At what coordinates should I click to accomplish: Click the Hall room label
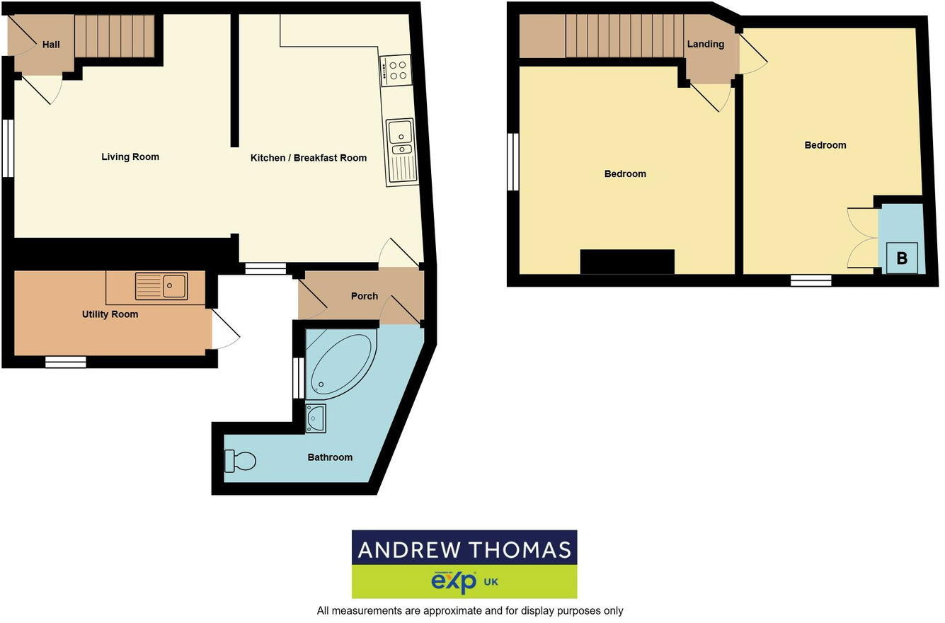click(51, 45)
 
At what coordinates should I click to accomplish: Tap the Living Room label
click(130, 157)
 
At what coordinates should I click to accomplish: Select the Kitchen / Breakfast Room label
click(309, 158)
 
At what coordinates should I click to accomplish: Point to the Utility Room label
click(110, 314)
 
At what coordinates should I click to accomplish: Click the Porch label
click(365, 296)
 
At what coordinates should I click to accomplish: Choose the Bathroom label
click(330, 457)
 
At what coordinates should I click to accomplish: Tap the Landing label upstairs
click(706, 44)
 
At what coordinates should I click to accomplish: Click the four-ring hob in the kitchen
click(396, 70)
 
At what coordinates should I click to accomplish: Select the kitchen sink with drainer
click(401, 152)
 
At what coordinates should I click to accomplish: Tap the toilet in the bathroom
click(240, 461)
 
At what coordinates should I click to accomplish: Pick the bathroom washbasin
click(316, 418)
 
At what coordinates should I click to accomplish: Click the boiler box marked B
click(902, 258)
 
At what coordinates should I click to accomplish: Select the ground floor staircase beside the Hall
click(114, 36)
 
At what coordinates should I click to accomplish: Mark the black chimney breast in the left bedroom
click(627, 261)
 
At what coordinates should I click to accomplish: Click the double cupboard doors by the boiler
click(862, 238)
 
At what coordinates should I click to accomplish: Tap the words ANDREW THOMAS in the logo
click(464, 549)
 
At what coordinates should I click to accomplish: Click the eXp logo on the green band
click(453, 582)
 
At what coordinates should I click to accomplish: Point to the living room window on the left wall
click(8, 148)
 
